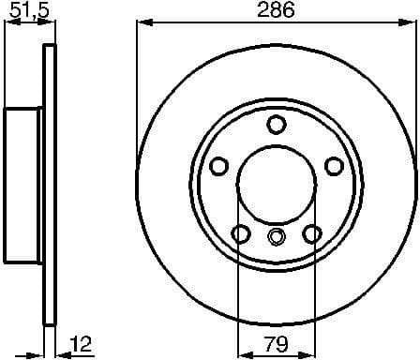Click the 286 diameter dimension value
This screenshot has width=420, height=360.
(x=277, y=11)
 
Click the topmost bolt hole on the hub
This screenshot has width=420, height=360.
(x=276, y=125)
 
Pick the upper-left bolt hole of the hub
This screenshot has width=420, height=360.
(x=219, y=166)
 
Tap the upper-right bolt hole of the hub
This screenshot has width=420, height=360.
(x=333, y=166)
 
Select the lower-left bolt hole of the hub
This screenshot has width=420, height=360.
(x=241, y=232)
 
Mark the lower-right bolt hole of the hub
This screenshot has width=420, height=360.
(x=311, y=232)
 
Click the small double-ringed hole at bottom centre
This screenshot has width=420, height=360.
(x=276, y=236)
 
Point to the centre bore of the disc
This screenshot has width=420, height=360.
(x=276, y=184)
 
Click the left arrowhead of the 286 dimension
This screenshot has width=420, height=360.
(x=142, y=24)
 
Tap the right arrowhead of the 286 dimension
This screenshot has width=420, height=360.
(x=411, y=24)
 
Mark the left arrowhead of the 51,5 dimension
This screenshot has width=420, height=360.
(x=8, y=25)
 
